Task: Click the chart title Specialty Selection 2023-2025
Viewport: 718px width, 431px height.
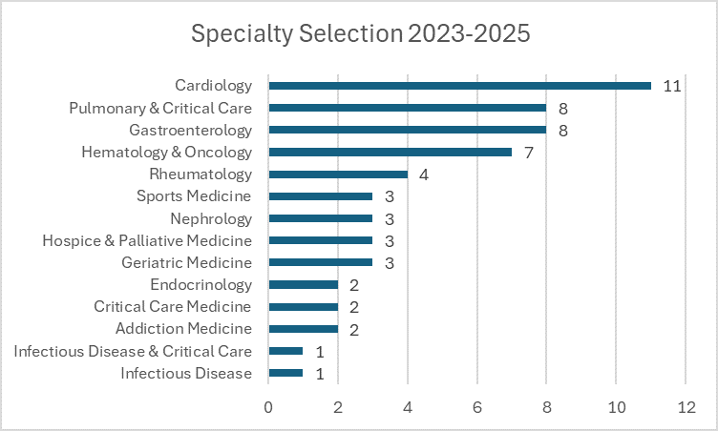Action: point(360,33)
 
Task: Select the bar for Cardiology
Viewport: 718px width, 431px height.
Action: point(459,86)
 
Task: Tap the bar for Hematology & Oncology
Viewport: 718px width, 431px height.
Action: point(390,152)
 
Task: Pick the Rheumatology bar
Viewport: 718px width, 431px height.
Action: point(338,174)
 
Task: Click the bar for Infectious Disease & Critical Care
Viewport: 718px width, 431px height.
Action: point(285,351)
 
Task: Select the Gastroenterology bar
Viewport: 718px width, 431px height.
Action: point(407,130)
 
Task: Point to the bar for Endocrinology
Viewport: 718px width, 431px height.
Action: point(303,284)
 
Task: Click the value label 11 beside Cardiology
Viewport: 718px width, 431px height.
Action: point(671,86)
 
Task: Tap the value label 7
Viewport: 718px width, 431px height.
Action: point(528,153)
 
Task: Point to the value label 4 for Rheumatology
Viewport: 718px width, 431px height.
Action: point(424,174)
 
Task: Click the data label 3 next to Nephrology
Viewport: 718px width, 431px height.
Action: point(390,218)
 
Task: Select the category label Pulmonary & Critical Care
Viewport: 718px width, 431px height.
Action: point(160,108)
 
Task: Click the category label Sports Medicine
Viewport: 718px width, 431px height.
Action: point(194,196)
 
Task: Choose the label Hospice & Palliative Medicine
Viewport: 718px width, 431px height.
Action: point(147,240)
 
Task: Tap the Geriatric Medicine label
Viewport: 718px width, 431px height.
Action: point(187,262)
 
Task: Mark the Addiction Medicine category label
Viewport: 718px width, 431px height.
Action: point(183,329)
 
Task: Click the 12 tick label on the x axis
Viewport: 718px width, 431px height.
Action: point(686,405)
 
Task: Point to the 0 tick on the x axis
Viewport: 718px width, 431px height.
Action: point(268,405)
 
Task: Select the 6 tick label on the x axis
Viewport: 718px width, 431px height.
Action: point(476,405)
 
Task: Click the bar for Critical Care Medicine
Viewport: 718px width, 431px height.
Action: point(303,307)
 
